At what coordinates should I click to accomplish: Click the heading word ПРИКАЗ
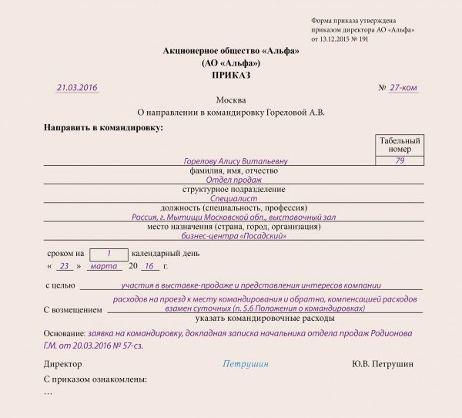point(231,76)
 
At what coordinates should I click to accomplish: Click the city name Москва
point(231,101)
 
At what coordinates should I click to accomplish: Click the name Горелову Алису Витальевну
point(236,161)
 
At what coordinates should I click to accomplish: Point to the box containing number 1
point(109,253)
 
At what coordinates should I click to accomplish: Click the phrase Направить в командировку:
point(104,126)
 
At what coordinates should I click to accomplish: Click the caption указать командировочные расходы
point(253,318)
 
